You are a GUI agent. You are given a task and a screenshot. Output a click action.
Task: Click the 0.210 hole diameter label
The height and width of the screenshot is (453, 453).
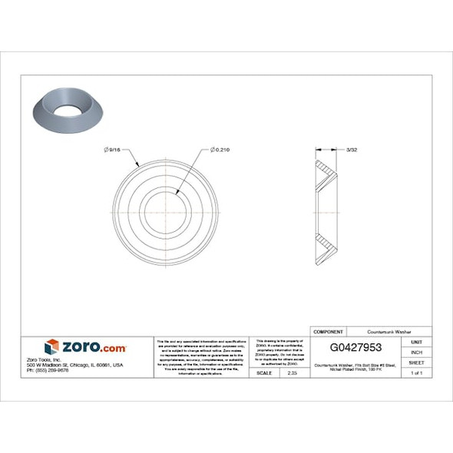coord(220,149)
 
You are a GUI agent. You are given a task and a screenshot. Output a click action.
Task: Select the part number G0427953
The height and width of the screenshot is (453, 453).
coord(355,348)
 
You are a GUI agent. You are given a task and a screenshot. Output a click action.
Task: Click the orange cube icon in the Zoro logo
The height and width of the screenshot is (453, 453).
coord(51,347)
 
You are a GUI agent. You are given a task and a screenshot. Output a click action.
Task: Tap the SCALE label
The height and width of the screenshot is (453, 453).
coord(263,372)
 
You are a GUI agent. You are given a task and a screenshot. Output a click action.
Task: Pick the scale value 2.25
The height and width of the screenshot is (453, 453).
coord(292,372)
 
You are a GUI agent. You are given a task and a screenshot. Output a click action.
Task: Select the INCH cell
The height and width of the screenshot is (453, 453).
coord(417,352)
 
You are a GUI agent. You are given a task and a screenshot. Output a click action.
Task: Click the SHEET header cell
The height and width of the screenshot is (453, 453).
coord(417,362)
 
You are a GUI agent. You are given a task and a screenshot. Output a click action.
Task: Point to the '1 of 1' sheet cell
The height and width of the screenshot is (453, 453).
coord(417,372)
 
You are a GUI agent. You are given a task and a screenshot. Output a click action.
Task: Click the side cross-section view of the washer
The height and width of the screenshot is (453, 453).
coord(327,209)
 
